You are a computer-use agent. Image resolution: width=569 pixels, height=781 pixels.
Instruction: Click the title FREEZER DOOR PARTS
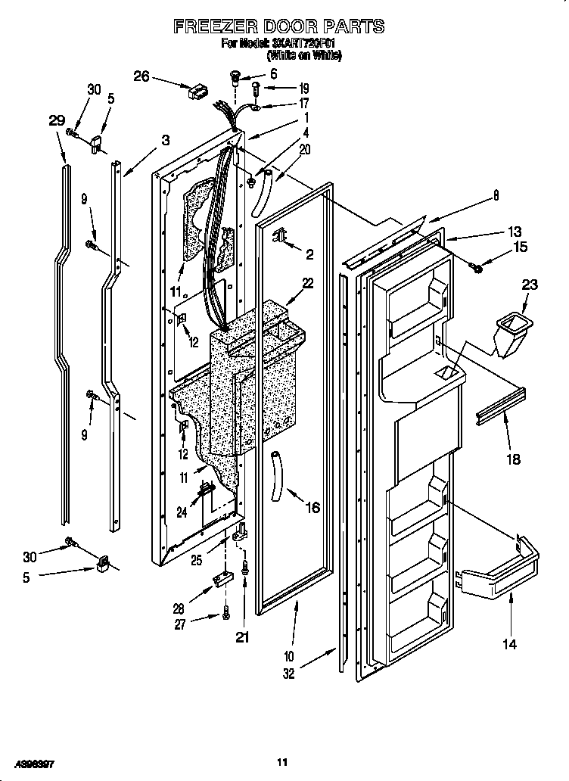point(278,27)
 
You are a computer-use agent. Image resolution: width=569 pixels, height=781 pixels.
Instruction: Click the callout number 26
point(141,76)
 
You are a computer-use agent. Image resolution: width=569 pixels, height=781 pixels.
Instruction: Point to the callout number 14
point(510,644)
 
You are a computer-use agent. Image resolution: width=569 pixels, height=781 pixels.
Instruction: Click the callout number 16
point(312,508)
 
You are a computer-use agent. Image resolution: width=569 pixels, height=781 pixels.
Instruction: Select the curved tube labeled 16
point(277,474)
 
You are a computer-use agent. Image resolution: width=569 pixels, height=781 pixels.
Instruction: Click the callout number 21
point(243,637)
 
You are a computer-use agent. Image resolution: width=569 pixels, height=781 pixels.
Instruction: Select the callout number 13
point(514,232)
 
